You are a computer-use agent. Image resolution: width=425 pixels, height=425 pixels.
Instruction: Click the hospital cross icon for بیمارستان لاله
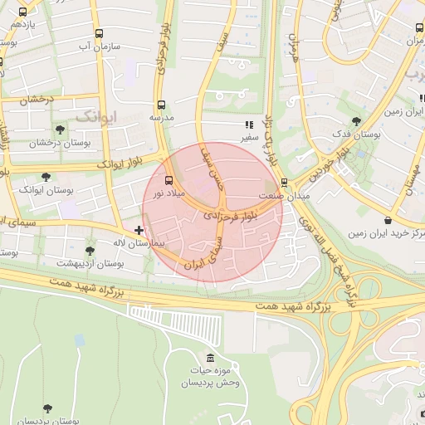pyautogui.click(x=139, y=229)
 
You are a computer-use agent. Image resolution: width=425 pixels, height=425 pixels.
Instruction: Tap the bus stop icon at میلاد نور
pyautogui.click(x=169, y=180)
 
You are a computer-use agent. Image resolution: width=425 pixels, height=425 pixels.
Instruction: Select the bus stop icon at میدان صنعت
pyautogui.click(x=285, y=182)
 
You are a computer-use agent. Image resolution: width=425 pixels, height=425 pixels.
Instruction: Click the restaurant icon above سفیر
pyautogui.click(x=248, y=124)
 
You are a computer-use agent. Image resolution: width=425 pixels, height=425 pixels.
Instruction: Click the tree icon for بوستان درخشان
pyautogui.click(x=60, y=129)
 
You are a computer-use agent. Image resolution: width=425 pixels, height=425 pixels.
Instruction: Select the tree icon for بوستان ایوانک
pyautogui.click(x=46, y=177)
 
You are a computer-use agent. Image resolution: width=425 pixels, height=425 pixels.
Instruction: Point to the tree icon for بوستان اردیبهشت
pyautogui.click(x=90, y=250)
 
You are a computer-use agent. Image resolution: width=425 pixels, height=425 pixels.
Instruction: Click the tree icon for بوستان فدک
pyautogui.click(x=356, y=120)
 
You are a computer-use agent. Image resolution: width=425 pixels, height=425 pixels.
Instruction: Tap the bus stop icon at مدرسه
pyautogui.click(x=161, y=105)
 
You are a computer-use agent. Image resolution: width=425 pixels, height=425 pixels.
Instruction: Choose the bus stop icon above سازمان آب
pyautogui.click(x=100, y=34)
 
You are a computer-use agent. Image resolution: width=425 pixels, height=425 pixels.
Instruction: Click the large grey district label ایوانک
pyautogui.click(x=97, y=116)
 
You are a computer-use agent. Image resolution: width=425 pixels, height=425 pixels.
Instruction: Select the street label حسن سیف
pyautogui.click(x=212, y=169)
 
